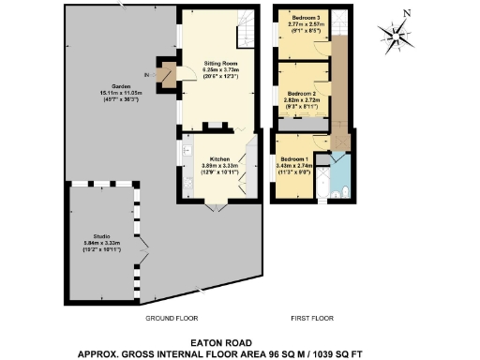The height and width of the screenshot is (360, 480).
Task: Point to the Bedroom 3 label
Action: tap(303, 19)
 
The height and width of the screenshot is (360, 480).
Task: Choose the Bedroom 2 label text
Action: tap(301, 94)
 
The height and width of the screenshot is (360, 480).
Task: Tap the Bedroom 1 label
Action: tap(293, 160)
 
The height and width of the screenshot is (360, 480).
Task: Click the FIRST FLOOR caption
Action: tap(311, 319)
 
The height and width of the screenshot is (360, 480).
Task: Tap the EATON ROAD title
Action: tap(239, 342)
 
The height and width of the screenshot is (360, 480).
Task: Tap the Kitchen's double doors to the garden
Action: tap(218, 207)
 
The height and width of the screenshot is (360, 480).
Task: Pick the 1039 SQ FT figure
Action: tap(357, 354)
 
